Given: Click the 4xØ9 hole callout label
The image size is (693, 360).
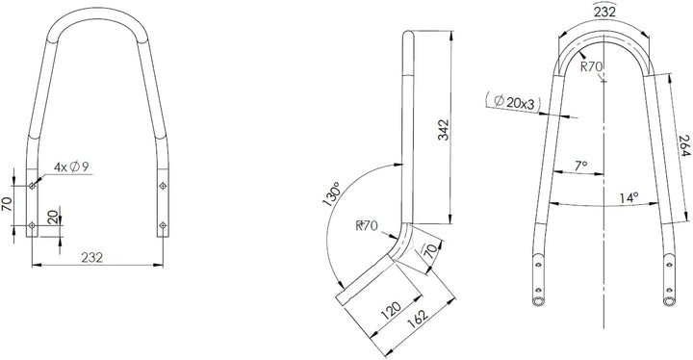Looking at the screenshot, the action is pyautogui.click(x=71, y=167).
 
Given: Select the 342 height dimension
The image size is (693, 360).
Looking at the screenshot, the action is pyautogui.click(x=443, y=130).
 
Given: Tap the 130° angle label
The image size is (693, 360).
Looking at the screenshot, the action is pyautogui.click(x=331, y=193).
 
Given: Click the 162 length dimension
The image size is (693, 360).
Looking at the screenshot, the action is pyautogui.click(x=418, y=319).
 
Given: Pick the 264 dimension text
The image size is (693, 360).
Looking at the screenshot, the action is pyautogui.click(x=683, y=145).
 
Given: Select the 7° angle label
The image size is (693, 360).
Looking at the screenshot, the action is pyautogui.click(x=580, y=166).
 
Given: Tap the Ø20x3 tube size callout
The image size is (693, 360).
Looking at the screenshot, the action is pyautogui.click(x=513, y=103).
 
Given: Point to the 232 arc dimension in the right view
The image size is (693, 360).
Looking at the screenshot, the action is pyautogui.click(x=604, y=12).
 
